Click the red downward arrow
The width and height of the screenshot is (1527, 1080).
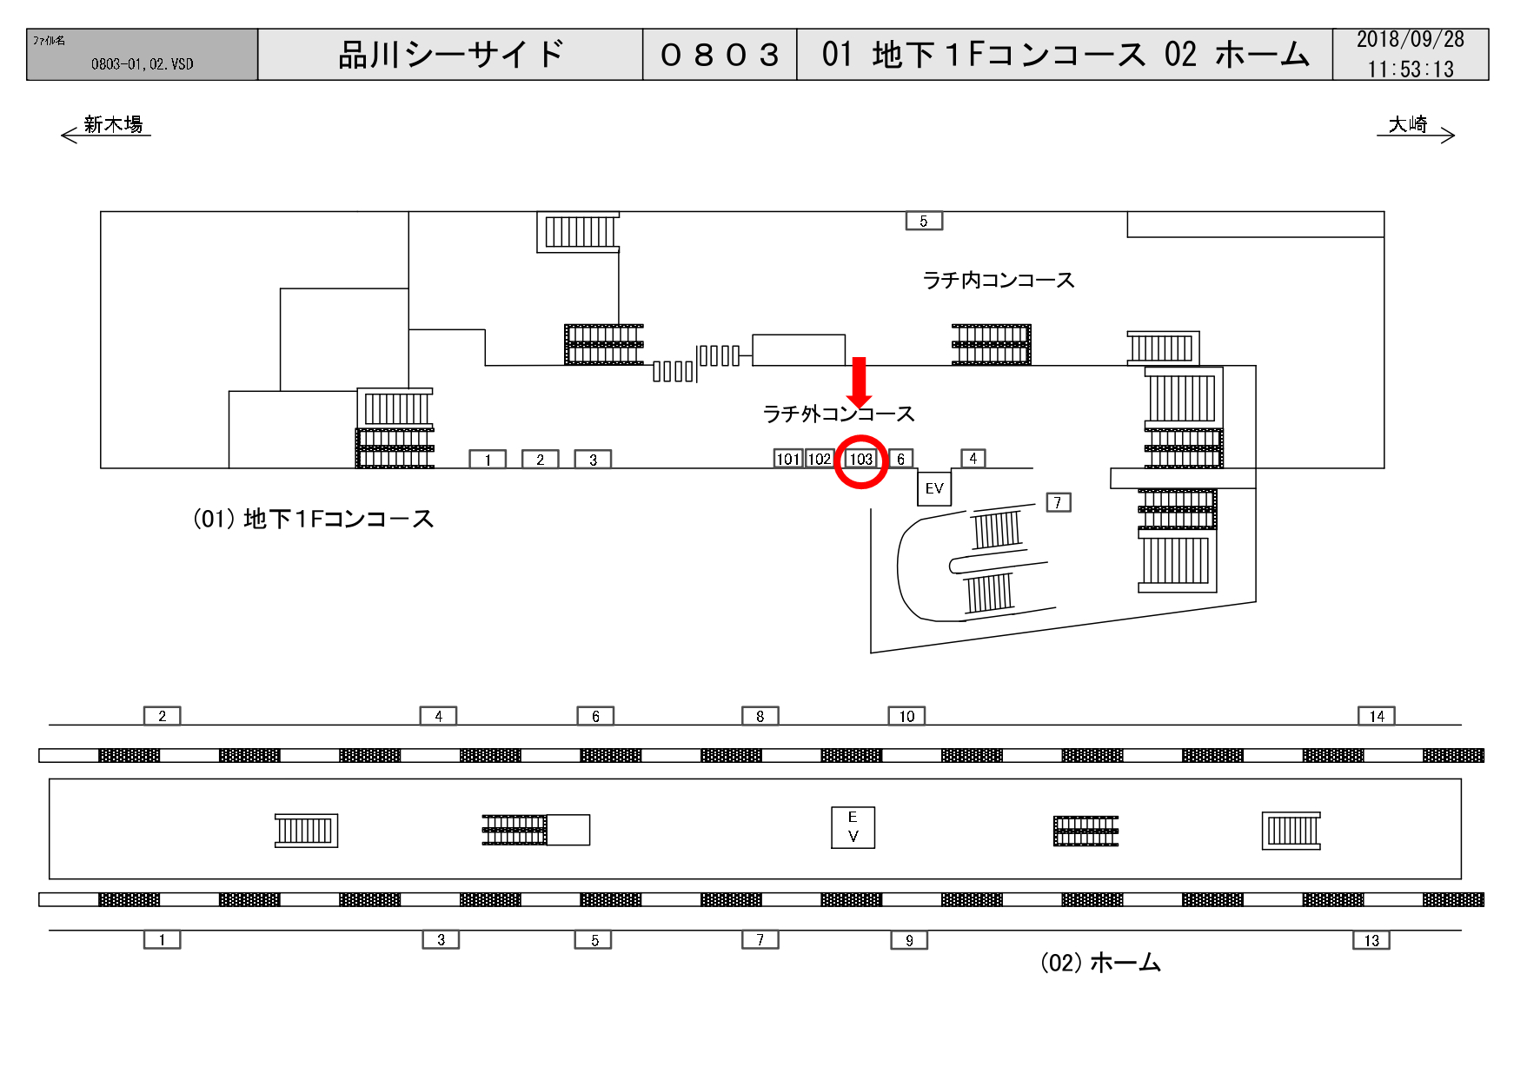860,381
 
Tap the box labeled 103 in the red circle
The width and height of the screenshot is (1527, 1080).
860,459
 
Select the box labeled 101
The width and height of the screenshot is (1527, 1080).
787,459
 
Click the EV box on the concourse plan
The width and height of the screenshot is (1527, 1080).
934,488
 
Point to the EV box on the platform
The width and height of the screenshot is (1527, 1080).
853,827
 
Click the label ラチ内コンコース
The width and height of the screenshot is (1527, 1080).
999,280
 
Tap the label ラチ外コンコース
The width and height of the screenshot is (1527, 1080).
838,414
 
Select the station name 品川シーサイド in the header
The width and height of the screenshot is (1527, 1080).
451,55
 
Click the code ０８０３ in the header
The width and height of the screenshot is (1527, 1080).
720,55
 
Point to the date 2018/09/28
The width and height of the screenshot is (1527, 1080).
1410,40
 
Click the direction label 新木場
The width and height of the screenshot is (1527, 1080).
113,124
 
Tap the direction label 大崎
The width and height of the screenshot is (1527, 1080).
1408,124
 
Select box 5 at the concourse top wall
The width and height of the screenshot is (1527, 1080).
924,222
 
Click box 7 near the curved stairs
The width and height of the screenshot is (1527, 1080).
1058,502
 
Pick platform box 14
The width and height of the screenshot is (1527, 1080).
1376,716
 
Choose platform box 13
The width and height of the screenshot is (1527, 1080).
1371,940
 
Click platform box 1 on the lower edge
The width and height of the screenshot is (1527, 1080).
162,939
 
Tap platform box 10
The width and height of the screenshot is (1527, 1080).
906,716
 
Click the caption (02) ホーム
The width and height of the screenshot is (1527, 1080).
1100,963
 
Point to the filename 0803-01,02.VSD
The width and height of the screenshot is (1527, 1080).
142,64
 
